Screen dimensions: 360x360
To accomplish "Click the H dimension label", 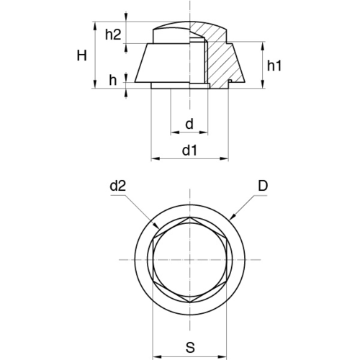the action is pos(81,55).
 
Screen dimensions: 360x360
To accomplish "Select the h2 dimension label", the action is pos(113,35).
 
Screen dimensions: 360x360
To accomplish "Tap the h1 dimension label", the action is pos(274,66).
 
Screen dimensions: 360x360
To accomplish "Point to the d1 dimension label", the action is pos(189,150).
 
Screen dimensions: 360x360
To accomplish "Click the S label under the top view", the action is pos(190,347).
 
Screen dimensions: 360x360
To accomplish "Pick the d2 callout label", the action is pos(117,186).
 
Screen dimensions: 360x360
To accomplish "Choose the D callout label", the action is pos(263,186).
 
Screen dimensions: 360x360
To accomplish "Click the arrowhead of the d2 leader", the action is pos(157,226).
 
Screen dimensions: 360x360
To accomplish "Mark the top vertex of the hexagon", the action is pos(190,217).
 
